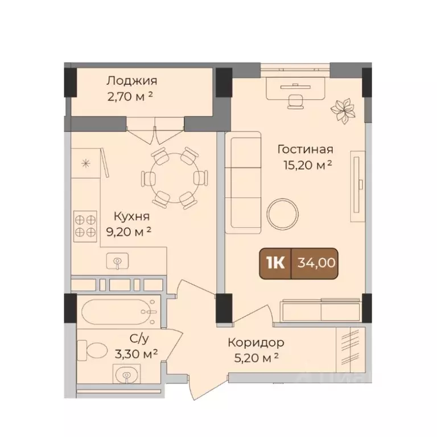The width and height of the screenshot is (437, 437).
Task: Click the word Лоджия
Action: [133, 81]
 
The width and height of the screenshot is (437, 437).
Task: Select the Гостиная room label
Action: [305, 150]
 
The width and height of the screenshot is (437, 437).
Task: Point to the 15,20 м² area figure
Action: [307, 165]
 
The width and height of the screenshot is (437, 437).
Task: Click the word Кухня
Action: [131, 216]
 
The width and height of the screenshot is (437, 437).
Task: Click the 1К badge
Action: [275, 263]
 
